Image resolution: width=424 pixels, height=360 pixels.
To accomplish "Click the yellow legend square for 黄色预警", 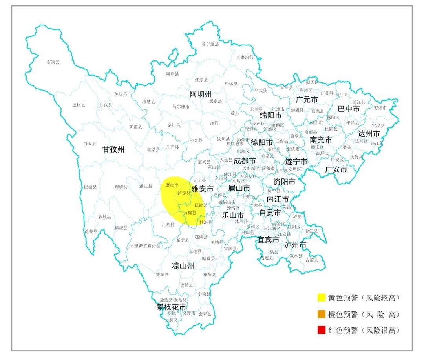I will (322, 298).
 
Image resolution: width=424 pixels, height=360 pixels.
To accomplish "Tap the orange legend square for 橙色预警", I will (322, 314).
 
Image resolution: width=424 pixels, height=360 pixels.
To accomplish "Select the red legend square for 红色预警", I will (322, 330).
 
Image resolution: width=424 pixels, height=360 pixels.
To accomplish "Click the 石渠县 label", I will (53, 62).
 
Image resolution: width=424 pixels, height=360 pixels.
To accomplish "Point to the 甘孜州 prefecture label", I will (113, 149).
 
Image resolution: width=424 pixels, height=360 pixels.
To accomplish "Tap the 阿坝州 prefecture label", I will (201, 94).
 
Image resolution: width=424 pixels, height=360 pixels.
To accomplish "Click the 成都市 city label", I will (245, 161).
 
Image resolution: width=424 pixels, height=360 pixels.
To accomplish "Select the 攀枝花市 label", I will (171, 307).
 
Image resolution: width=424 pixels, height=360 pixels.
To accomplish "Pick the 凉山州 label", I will (183, 266).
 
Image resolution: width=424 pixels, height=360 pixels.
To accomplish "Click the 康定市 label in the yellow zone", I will (172, 185).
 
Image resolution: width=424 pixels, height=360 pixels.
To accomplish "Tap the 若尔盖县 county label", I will (210, 44).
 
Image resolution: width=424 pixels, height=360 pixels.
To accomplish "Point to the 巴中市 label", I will (349, 109).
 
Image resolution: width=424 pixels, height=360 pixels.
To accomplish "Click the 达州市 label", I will (369, 134).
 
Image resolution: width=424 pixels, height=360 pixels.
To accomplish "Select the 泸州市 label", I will (295, 245).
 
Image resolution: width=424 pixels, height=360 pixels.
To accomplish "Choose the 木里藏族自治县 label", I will (146, 246).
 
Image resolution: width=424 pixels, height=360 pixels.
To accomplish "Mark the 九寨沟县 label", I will (245, 57).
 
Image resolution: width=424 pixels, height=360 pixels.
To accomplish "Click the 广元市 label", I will (307, 100).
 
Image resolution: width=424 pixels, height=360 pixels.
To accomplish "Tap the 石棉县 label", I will (190, 213).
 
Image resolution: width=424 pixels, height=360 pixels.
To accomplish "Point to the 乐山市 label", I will (233, 215).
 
